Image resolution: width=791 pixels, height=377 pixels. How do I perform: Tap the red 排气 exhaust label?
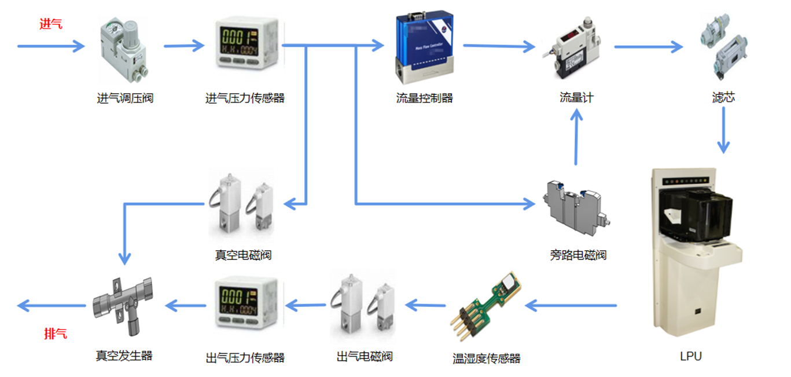point(56,334)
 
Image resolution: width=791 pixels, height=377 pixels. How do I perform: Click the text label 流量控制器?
point(424,98)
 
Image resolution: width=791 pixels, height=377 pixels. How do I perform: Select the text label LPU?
point(691,356)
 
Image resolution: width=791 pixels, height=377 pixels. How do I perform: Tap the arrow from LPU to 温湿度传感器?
point(572,305)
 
